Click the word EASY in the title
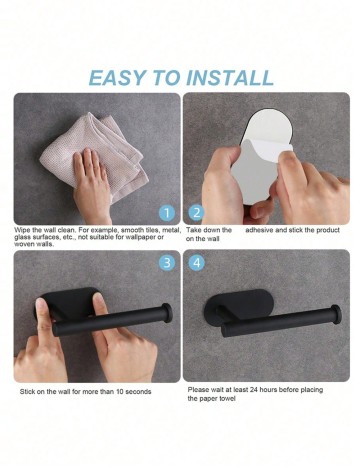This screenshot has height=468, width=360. [117, 78]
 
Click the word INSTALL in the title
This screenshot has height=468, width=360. [230, 78]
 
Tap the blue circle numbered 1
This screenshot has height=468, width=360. [167, 213]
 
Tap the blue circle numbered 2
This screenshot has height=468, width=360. [197, 213]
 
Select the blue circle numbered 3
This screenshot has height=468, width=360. [167, 263]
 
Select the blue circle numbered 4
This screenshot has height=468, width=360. [197, 263]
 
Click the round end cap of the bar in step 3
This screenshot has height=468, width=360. [166, 311]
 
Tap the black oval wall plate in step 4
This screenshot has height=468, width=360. [239, 307]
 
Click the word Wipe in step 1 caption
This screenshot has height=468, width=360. [22, 230]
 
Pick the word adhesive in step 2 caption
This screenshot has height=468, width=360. [260, 230]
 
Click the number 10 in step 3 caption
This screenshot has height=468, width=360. [120, 392]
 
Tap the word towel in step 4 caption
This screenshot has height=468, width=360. [227, 399]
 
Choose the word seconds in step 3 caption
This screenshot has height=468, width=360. [138, 392]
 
